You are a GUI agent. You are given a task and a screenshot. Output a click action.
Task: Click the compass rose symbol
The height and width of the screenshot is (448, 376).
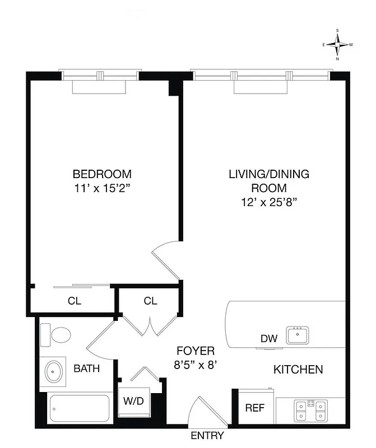click(x=337, y=44)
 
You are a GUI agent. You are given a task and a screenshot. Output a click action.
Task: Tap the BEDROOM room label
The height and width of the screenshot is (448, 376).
click(x=102, y=174)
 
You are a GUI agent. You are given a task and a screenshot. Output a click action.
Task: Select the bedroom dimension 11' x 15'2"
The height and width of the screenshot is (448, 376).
click(x=102, y=189)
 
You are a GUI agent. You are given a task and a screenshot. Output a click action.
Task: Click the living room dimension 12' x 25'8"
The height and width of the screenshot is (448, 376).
click(x=268, y=203)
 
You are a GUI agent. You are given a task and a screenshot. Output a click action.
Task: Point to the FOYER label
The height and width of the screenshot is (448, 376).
click(x=196, y=351)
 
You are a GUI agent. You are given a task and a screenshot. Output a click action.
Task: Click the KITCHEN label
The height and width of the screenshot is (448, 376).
click(x=298, y=370)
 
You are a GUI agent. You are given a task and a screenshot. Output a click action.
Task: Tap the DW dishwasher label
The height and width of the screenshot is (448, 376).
click(x=267, y=338)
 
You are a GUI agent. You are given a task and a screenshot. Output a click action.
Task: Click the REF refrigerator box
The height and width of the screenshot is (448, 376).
click(x=255, y=408)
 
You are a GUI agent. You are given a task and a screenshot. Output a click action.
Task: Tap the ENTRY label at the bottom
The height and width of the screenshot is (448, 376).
click(x=207, y=436)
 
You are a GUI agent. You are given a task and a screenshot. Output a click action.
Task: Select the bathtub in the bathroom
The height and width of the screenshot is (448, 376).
click(x=78, y=409)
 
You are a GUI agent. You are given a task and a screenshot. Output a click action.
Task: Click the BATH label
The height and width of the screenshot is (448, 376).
click(x=87, y=368)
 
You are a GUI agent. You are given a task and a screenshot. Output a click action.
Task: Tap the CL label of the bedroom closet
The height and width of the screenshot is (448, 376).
click(x=75, y=301)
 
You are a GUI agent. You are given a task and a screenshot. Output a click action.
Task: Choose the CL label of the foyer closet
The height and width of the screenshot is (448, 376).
click(x=150, y=301)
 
